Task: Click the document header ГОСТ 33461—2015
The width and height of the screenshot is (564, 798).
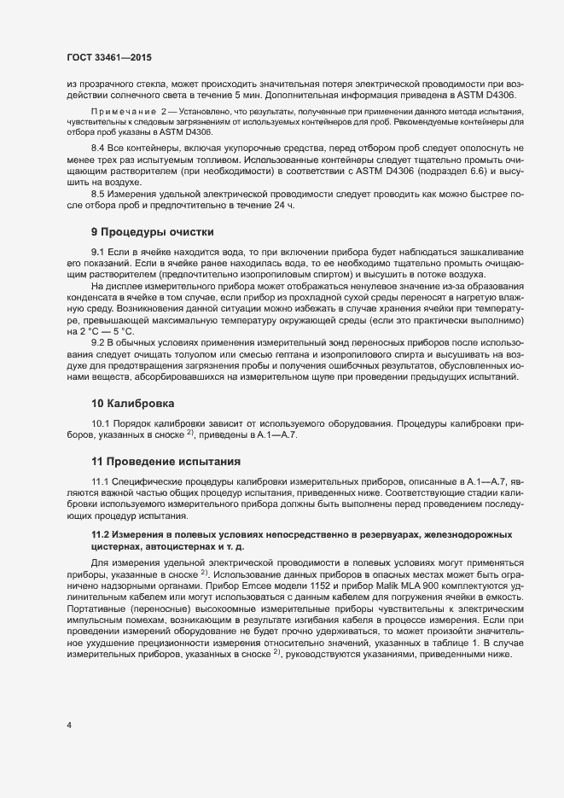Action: [x=110, y=57]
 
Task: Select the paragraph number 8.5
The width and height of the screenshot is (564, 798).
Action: [x=99, y=195]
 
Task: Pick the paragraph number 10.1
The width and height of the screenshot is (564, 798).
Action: [x=102, y=424]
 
